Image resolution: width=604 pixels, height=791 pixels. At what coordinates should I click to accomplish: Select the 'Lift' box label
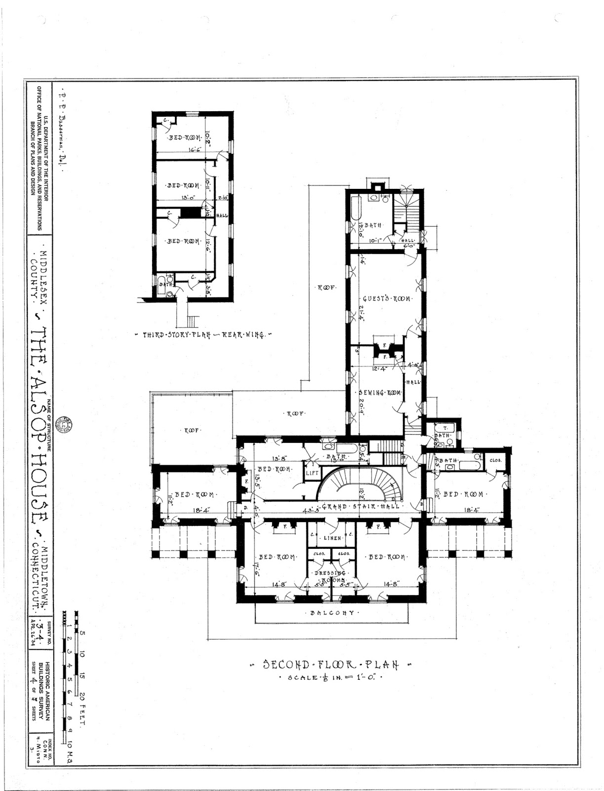(x=312, y=473)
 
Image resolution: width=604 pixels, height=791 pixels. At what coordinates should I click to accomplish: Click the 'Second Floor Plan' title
(x=331, y=664)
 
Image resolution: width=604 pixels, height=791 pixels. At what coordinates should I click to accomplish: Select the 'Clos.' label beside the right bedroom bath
(x=495, y=460)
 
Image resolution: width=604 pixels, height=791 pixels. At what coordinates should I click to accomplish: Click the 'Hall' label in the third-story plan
(x=222, y=216)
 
